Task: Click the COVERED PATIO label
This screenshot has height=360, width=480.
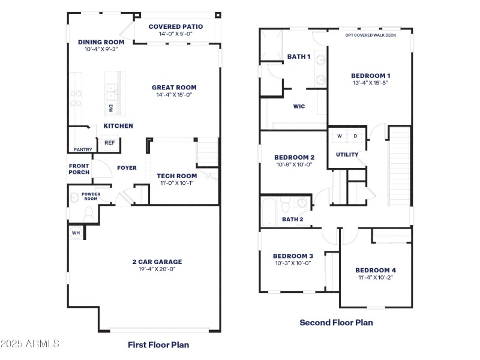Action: (x=176, y=26)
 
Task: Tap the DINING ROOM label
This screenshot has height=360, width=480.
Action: (x=101, y=42)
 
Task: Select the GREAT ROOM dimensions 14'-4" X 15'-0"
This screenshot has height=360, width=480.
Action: (x=174, y=95)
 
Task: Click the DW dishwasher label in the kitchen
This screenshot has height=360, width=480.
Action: (x=111, y=109)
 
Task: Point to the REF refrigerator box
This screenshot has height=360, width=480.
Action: (x=109, y=143)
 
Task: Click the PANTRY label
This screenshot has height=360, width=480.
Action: (x=82, y=149)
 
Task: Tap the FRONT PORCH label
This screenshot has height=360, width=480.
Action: (x=79, y=169)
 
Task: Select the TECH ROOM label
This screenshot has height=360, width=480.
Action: (x=177, y=176)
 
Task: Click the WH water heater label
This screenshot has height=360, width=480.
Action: (x=76, y=232)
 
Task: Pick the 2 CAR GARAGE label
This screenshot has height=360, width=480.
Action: (x=157, y=262)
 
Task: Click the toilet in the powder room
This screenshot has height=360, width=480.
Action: (x=88, y=212)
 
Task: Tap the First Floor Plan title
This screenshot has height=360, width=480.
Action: (x=158, y=344)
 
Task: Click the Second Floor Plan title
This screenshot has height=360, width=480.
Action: (x=336, y=322)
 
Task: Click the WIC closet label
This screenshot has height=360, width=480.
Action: (x=299, y=106)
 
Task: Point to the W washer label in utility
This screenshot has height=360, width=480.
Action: (x=339, y=136)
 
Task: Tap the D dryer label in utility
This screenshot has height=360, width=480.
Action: (x=355, y=136)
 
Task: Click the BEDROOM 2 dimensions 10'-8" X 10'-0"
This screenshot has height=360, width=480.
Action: (x=295, y=164)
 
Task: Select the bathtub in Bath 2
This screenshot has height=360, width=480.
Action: (x=269, y=211)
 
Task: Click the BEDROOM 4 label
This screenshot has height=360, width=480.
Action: (x=376, y=270)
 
